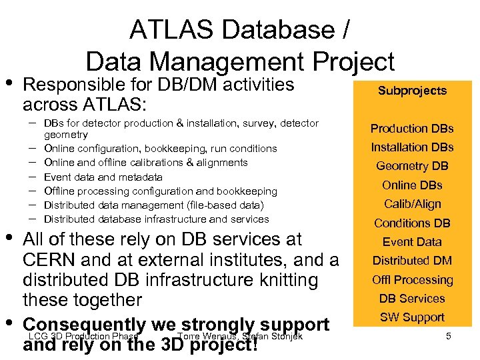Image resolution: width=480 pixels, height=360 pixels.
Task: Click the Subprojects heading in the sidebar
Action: pos(412,91)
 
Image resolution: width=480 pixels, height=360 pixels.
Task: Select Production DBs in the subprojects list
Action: pos(412,129)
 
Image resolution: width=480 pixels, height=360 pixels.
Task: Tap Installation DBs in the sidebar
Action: pos(412,147)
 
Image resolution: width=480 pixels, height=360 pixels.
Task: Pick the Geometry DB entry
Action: pos(412,167)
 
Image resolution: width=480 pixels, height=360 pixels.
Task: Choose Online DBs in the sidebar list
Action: pos(412,185)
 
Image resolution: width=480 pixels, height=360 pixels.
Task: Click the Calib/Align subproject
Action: pos(412,204)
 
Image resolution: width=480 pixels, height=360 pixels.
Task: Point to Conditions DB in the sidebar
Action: pos(412,223)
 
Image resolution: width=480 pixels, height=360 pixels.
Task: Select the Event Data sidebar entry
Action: pos(412,242)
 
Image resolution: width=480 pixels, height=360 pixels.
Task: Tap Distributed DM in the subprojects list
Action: pos(412,261)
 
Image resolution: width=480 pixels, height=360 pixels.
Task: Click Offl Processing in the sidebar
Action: pos(412,280)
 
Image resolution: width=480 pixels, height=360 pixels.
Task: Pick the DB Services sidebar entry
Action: pos(412,299)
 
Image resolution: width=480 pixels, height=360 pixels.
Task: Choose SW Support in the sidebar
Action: pos(412,317)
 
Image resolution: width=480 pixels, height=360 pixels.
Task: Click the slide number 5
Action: pos(449,337)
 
